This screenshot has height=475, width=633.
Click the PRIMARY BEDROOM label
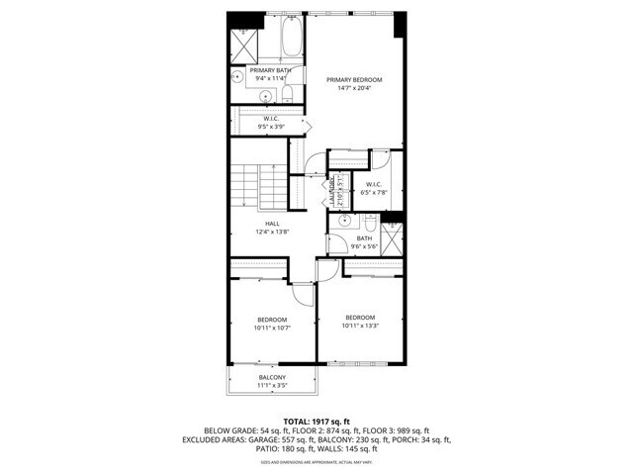point(354,79)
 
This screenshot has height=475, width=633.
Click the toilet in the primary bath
point(288,93)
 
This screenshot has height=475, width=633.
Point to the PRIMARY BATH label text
point(269,70)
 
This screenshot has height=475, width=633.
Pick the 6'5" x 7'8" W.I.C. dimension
point(373,192)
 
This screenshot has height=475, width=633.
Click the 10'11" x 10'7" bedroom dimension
point(272,329)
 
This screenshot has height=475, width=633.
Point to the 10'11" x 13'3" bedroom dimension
point(360,326)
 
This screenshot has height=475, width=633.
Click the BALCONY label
point(273,378)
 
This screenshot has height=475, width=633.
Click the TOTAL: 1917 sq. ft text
point(316,422)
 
